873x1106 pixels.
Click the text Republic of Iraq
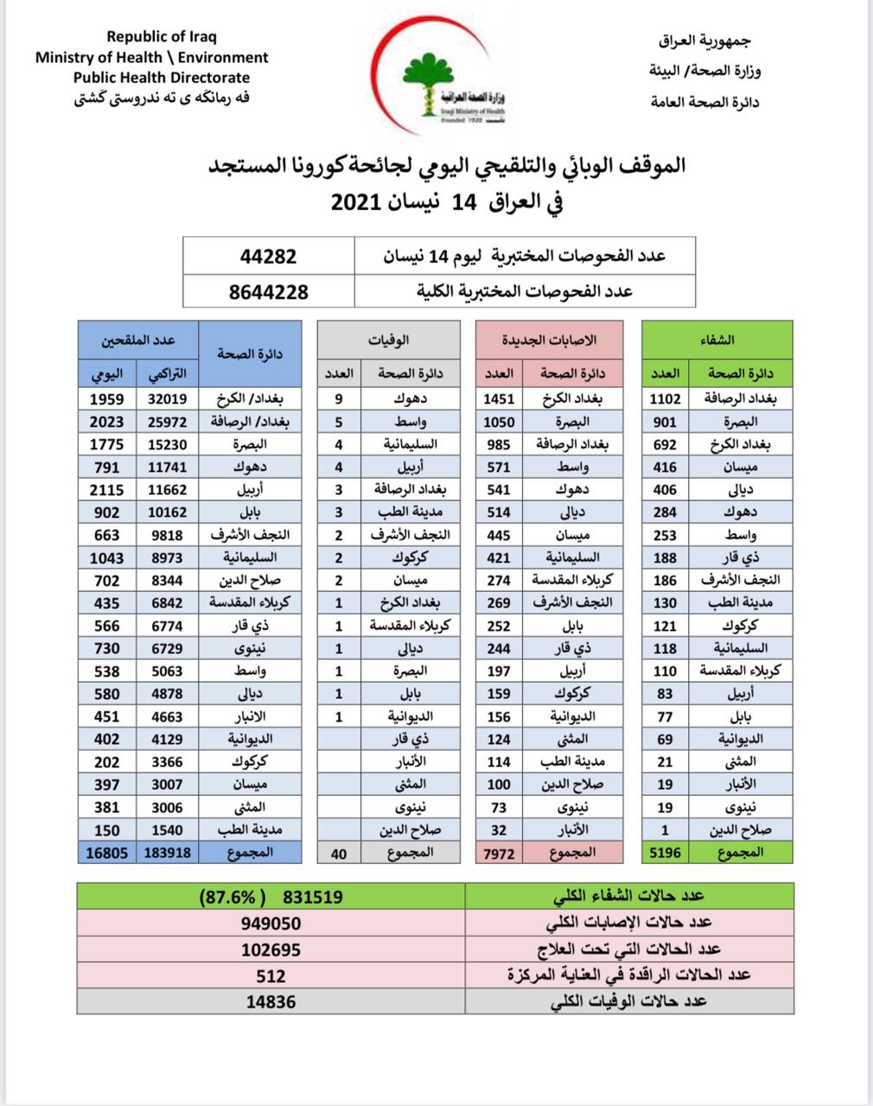(162, 36)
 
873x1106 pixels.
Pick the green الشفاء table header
(716, 340)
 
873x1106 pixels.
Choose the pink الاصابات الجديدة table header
(549, 340)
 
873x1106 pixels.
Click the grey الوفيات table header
(394, 340)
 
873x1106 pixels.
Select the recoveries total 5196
(665, 852)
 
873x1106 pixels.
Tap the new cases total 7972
(499, 852)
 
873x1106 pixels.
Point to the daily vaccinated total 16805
(106, 852)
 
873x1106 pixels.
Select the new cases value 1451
(499, 398)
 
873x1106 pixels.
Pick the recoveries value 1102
(665, 398)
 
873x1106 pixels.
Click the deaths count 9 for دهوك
(339, 398)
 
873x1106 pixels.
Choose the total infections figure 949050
(271, 923)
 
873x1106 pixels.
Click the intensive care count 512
(271, 976)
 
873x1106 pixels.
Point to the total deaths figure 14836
(271, 1001)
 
